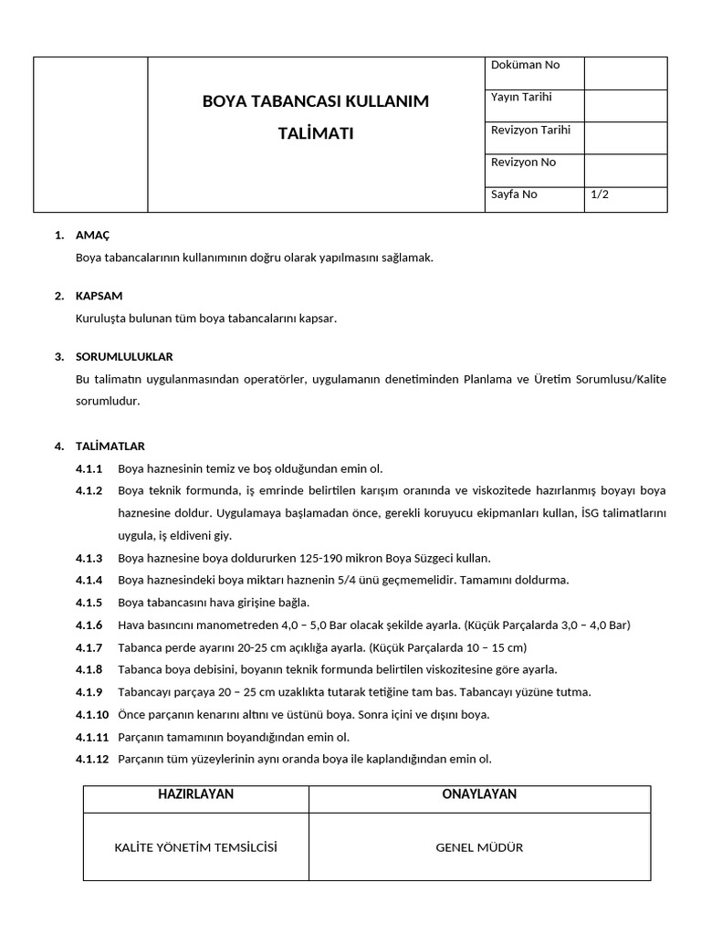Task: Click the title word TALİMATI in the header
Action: [x=315, y=133]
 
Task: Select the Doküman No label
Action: [x=525, y=65]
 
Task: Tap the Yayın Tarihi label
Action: [x=521, y=97]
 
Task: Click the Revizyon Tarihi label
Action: [x=530, y=130]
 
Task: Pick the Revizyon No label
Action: [x=523, y=163]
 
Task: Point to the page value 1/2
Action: [x=600, y=194]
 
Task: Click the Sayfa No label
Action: [x=514, y=194]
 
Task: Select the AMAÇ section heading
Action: [x=92, y=236]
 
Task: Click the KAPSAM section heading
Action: [x=99, y=296]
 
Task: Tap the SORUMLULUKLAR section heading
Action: [x=124, y=356]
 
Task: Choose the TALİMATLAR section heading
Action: [x=110, y=446]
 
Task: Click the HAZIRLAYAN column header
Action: [x=195, y=794]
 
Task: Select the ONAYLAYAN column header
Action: [x=479, y=794]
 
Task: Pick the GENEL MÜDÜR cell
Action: [x=479, y=847]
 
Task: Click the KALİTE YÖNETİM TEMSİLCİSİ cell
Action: [x=195, y=847]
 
